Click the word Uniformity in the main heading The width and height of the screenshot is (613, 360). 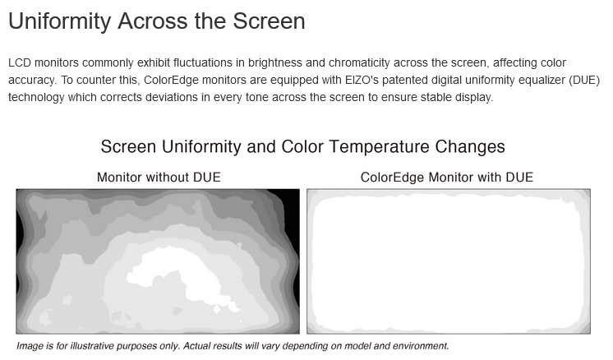(x=60, y=21)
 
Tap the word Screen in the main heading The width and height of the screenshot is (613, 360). (x=269, y=21)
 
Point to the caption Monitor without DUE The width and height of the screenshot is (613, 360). (x=159, y=177)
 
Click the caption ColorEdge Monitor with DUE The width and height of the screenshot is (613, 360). (x=447, y=177)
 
